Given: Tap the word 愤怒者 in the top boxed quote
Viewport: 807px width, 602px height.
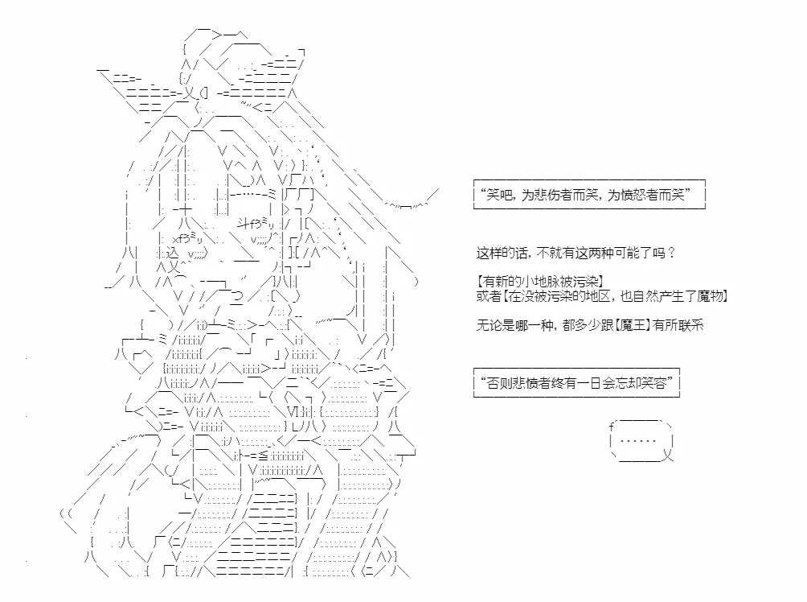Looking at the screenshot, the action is click(x=643, y=195).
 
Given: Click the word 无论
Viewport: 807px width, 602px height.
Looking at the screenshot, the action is click(x=490, y=325).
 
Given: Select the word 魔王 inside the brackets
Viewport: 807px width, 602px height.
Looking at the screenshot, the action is click(x=633, y=325).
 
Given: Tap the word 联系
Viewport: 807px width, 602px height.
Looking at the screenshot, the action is click(x=690, y=325).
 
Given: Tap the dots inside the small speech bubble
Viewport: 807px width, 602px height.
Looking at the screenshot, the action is click(x=638, y=441).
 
